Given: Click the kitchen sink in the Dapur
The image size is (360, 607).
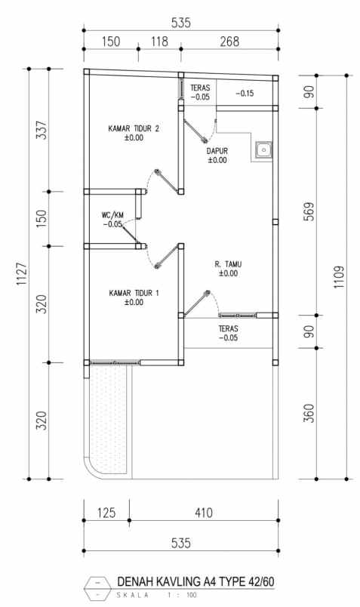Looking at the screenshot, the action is point(263,149).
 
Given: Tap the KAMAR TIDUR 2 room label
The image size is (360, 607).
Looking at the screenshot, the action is point(134,128).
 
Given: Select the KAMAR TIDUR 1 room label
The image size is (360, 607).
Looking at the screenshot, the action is point(134,294).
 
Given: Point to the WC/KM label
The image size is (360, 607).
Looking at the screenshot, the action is point(113,215).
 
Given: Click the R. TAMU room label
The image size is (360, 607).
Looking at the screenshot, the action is point(229,264).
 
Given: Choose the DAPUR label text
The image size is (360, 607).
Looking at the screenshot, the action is point(217,151).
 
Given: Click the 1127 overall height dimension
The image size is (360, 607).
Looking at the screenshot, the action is point(21,274).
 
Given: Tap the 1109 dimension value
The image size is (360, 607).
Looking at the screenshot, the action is point(338,277).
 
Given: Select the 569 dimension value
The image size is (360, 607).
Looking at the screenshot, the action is point(309,211).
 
